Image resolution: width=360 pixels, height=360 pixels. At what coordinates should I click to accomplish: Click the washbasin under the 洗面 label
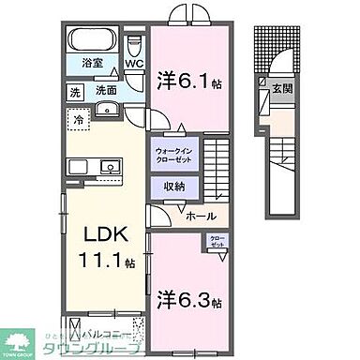click(x=105, y=109)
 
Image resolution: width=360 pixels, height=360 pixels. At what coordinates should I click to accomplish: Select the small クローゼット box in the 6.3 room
click(x=216, y=241)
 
